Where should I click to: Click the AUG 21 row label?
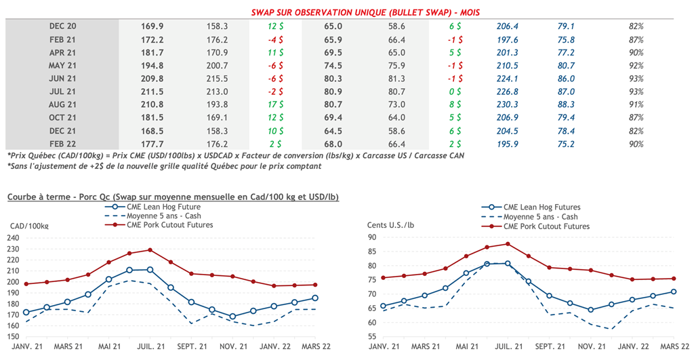[62, 104]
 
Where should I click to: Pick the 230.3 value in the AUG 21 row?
[506, 104]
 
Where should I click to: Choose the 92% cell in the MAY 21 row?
[636, 66]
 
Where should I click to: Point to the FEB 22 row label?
[62, 144]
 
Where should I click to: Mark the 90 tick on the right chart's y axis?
[373, 237]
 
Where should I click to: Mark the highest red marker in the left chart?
[150, 249]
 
